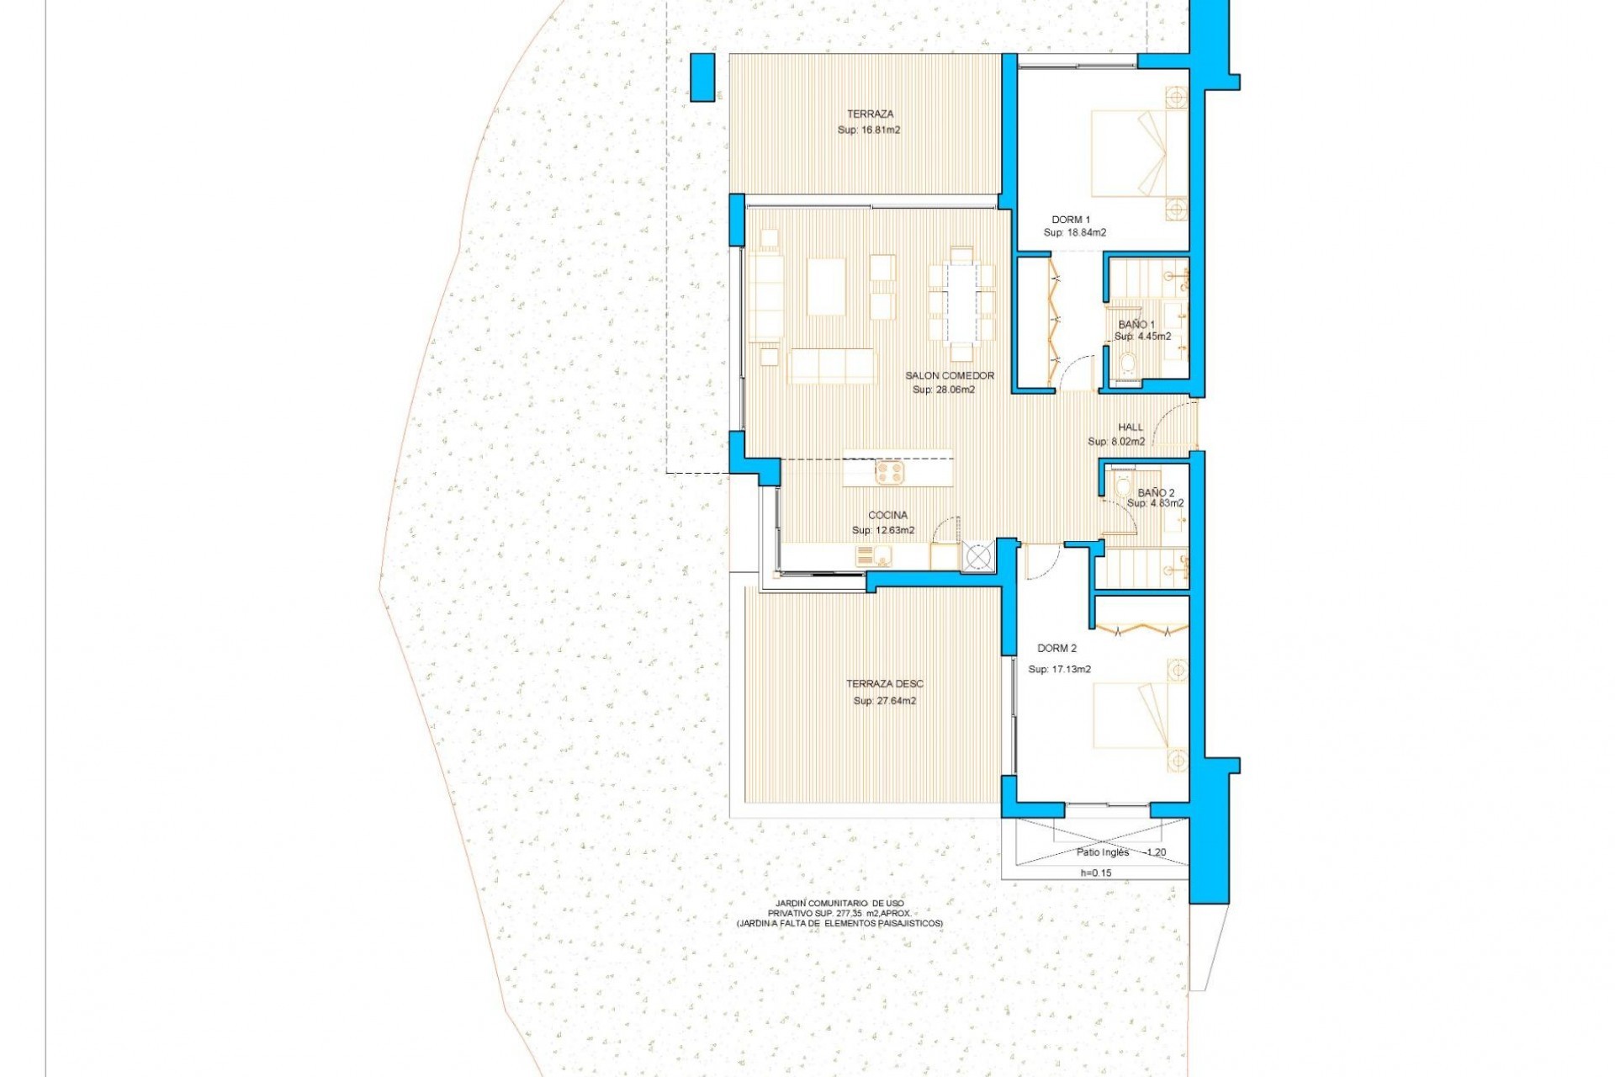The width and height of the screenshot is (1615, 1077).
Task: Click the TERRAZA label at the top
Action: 870,114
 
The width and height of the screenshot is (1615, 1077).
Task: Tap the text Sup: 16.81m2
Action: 869,130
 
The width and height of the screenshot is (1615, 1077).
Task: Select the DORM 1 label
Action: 1071,220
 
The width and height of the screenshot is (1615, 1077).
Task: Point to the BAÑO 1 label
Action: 1136,324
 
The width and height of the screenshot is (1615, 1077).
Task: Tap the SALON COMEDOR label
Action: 950,375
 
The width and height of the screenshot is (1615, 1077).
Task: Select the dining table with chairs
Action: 961,301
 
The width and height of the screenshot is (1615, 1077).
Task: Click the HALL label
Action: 1130,427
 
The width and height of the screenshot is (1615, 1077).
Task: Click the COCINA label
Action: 888,515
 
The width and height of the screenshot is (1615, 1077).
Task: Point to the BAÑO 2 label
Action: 1156,492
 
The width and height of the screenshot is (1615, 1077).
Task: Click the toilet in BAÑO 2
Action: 1122,487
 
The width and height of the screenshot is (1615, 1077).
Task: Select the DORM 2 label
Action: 1056,649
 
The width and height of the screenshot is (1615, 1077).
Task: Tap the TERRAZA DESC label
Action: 884,684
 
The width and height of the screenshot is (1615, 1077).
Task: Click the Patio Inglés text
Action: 1103,852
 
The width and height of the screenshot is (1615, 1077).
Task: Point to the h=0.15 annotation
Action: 1095,873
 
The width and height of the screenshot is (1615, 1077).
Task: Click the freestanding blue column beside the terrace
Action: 702,77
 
